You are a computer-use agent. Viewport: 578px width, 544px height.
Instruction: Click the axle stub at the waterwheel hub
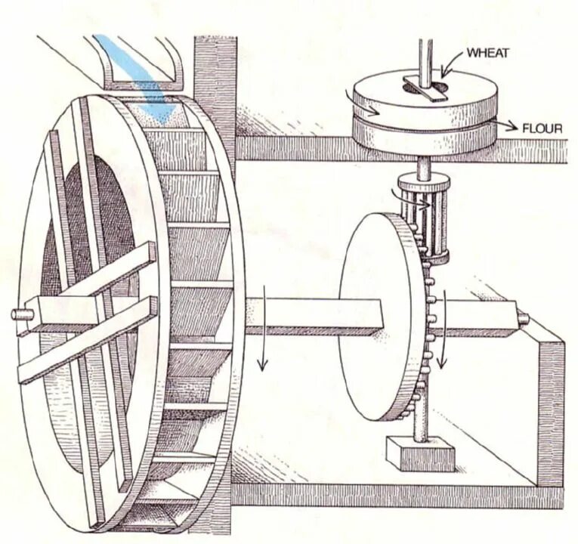coord(20,313)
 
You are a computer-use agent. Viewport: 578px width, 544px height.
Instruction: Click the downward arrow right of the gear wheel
coord(445,332)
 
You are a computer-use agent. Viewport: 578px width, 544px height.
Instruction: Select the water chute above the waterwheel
coord(144,64)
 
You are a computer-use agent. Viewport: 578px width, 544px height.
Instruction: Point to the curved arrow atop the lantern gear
coord(396,192)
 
